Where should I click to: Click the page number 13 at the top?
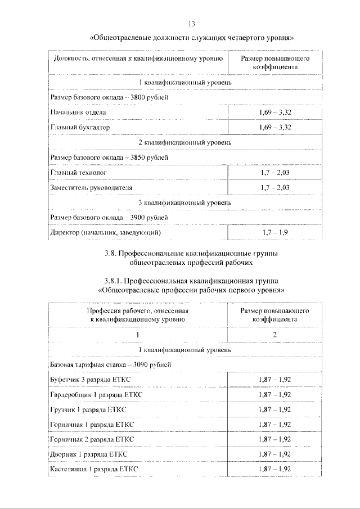click(x=191, y=24)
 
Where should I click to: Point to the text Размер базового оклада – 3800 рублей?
click(x=109, y=97)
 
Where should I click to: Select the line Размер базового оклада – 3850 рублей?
click(x=109, y=157)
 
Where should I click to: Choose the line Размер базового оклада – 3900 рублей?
click(x=109, y=217)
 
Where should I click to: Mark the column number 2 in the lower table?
click(x=274, y=335)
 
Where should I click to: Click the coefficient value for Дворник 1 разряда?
click(x=274, y=453)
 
